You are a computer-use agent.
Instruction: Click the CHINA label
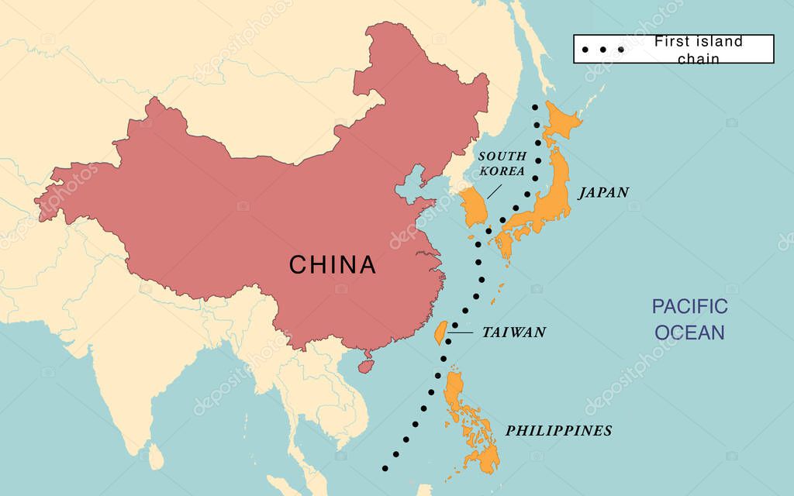(333, 265)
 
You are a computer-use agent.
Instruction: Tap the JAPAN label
(602, 192)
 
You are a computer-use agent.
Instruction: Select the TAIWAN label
(514, 332)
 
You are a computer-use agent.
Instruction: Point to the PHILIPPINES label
(558, 431)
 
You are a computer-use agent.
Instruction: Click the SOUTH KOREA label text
(502, 164)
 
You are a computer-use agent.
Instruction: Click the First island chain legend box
(673, 49)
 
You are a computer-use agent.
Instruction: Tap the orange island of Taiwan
(438, 332)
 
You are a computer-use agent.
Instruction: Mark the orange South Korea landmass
(475, 208)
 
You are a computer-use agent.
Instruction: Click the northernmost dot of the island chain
(535, 107)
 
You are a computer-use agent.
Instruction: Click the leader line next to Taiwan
(459, 333)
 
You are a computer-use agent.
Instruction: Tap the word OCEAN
(689, 332)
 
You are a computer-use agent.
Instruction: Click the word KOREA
(502, 171)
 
